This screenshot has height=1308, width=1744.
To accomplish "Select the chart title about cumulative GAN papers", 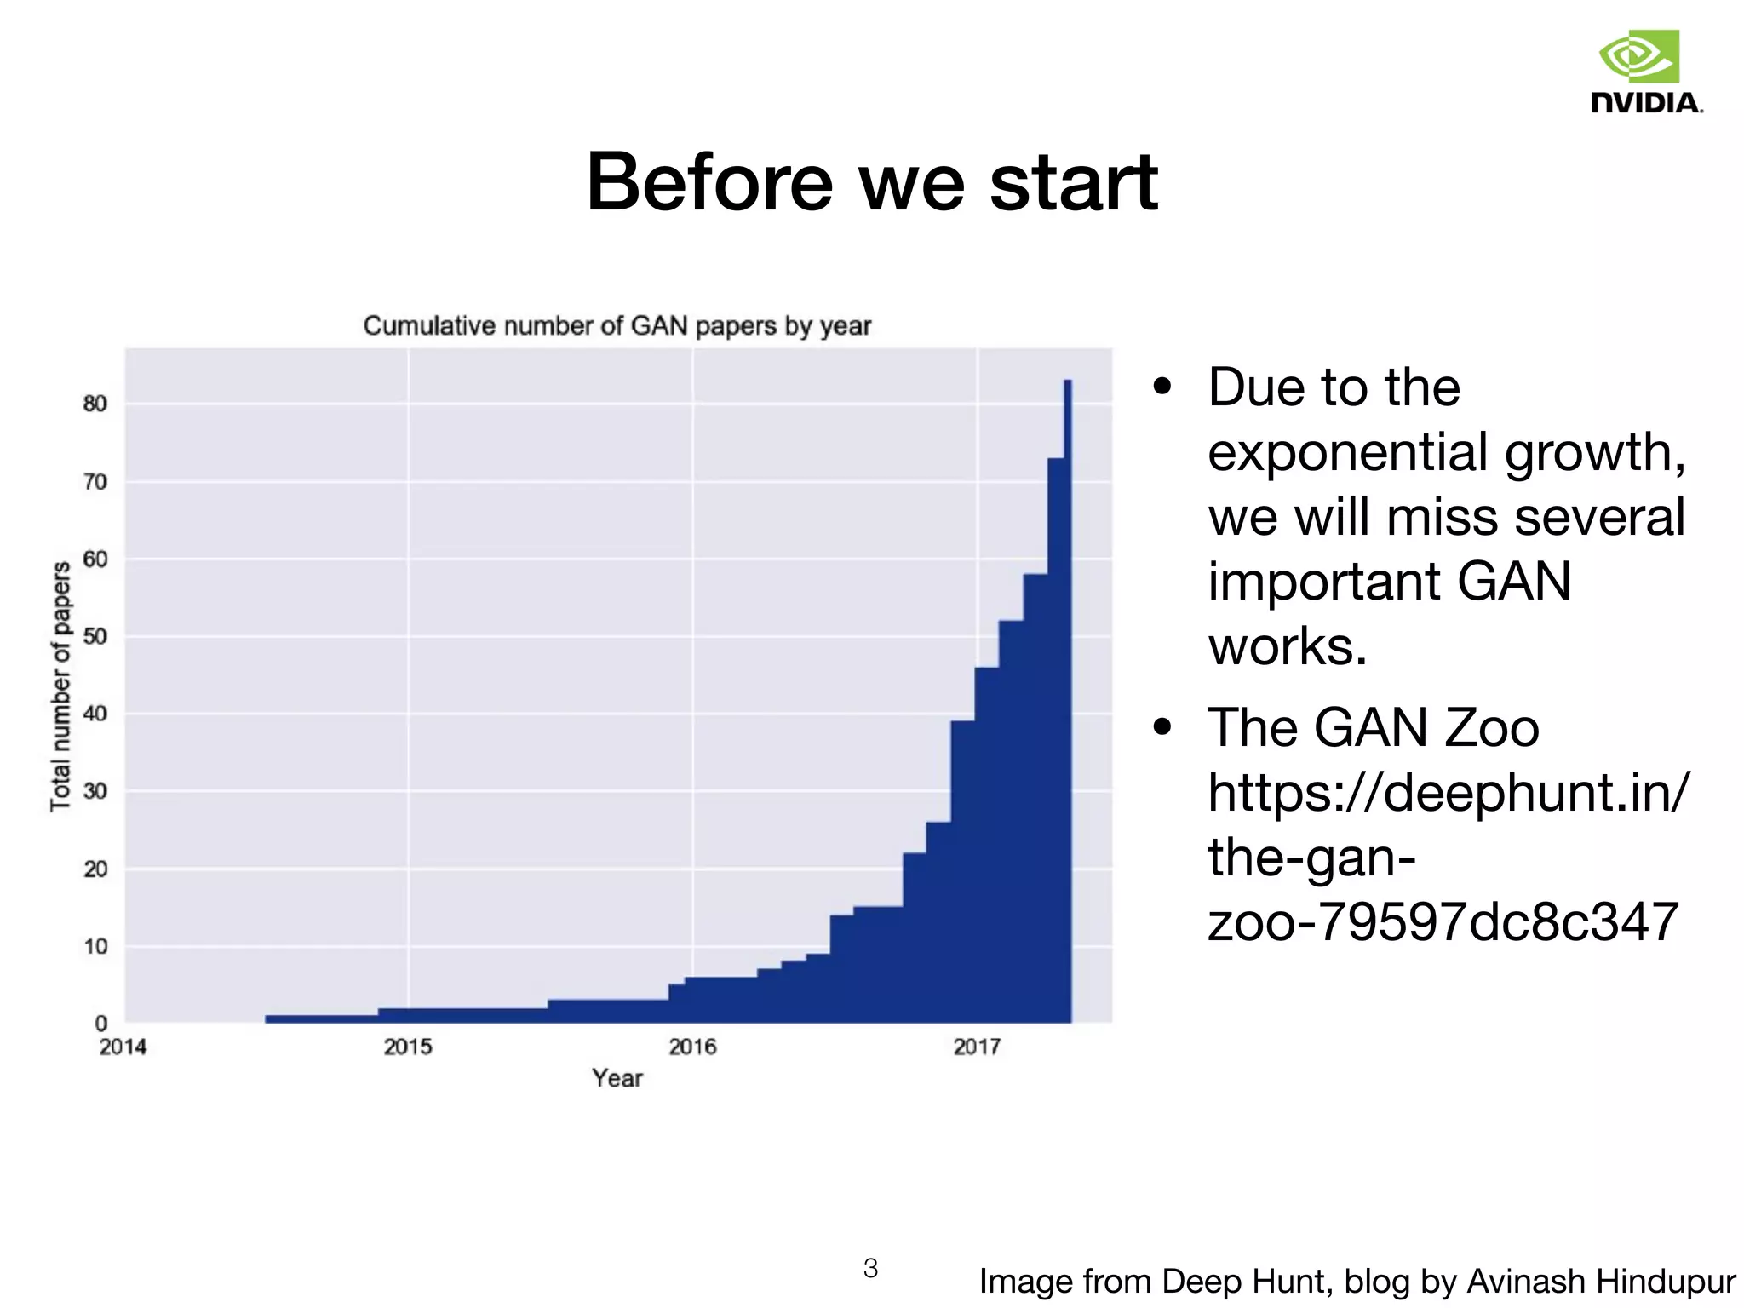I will [617, 326].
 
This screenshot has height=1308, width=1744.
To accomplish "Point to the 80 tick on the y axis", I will [95, 404].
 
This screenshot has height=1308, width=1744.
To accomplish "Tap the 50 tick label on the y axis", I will [95, 637].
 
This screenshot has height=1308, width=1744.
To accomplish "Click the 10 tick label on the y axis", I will [95, 947].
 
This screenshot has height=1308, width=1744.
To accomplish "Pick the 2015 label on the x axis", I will [408, 1047].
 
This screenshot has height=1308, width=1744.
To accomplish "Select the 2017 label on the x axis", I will [977, 1047].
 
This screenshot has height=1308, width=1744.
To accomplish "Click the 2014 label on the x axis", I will [123, 1047].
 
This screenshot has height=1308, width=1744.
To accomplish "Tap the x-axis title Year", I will [617, 1078].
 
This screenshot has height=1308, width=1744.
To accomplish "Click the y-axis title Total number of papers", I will [60, 686].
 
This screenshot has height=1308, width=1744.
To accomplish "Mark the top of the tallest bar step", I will [1068, 382].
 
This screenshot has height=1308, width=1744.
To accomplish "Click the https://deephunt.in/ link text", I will [1448, 793].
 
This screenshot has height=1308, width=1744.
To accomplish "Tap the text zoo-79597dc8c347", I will [1443, 921].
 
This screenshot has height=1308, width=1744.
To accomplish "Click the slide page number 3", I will [870, 1268].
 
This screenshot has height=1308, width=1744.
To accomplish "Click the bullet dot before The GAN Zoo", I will [1162, 728].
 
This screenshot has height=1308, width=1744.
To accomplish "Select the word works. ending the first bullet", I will [1287, 646].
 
